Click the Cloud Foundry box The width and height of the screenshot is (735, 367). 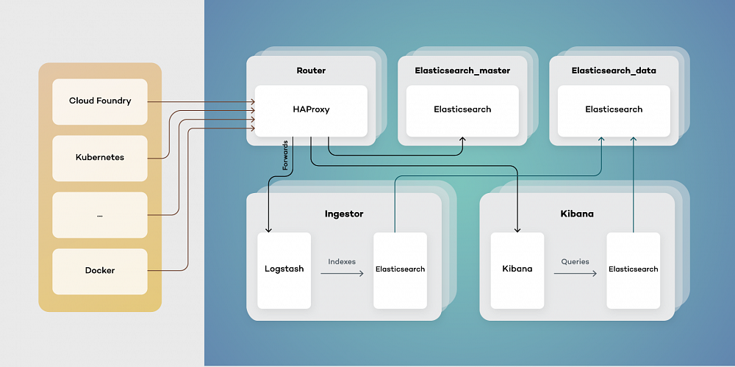pos(100,101)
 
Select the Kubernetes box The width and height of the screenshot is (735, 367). pos(100,158)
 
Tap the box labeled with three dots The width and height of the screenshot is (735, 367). pos(100,215)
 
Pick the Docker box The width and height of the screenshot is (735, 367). pos(100,271)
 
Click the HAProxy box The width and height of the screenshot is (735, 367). pos(311,109)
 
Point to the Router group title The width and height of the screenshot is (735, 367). pos(311,70)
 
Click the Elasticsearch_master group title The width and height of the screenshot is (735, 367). pos(462,70)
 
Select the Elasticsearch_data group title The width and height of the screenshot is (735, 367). pos(614,70)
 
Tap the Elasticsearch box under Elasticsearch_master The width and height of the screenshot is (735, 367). pos(462,109)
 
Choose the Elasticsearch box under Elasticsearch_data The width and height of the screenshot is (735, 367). pos(614,109)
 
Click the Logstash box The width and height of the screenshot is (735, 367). pos(284,269)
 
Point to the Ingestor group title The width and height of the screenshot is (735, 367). pos(344,214)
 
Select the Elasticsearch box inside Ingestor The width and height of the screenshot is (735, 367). pos(400,269)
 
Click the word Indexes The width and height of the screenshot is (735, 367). pos(342,261)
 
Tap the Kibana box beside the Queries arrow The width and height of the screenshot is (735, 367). pos(517,269)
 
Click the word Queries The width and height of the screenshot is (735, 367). pos(575,261)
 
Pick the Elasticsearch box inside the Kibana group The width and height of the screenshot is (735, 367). pos(633,269)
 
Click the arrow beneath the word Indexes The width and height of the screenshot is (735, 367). pos(342,274)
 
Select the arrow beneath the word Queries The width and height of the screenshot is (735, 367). pos(575,274)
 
